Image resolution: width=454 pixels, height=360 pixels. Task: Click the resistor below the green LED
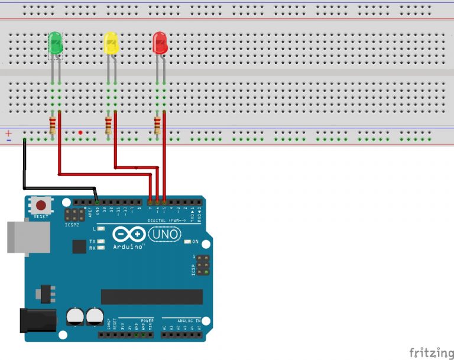[53, 125]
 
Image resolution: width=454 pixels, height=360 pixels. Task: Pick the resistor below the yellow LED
[108, 125]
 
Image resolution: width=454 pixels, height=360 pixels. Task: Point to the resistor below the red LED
[157, 125]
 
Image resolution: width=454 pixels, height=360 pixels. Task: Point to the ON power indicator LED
[187, 242]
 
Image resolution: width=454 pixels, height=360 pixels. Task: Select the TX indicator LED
[101, 242]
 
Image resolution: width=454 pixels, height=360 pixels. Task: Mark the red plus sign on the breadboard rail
[9, 134]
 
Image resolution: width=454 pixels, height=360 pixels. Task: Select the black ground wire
[24, 168]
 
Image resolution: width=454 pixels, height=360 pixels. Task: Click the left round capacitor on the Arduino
[75, 316]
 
